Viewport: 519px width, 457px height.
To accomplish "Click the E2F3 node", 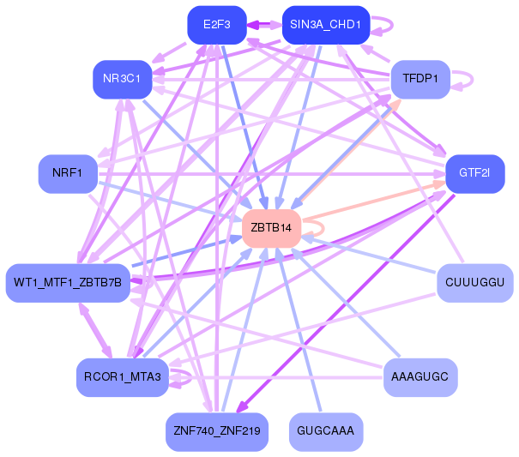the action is [x=217, y=25].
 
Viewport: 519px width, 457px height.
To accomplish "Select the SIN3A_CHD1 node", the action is [x=326, y=25].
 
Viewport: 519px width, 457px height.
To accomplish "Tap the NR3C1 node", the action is [x=123, y=80].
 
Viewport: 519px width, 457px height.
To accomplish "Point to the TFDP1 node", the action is [x=420, y=80].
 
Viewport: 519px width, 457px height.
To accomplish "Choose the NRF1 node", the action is [x=68, y=174].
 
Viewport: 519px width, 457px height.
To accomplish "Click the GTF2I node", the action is [x=475, y=174].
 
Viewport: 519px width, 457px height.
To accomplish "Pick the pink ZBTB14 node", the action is [x=271, y=228].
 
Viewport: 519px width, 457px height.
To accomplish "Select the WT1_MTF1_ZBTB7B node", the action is [x=68, y=283].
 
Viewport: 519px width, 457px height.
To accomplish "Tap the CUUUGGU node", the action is [x=475, y=283].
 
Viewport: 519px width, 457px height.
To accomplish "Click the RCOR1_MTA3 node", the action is [x=123, y=377].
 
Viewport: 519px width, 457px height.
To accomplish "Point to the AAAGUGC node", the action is [x=420, y=377].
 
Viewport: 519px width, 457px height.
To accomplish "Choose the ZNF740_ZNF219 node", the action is [x=217, y=432].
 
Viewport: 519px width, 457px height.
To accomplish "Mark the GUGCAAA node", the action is [x=326, y=432].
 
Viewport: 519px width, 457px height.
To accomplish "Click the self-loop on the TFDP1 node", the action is [x=473, y=80].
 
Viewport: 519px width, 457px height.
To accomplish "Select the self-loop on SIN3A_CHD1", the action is [x=393, y=25].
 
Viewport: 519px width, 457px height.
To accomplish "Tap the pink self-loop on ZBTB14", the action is [x=323, y=228].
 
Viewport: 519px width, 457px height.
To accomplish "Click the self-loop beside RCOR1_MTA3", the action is [x=191, y=377].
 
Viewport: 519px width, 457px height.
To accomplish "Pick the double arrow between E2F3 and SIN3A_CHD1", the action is [x=264, y=25].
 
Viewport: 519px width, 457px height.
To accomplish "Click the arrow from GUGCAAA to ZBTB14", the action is [x=299, y=330].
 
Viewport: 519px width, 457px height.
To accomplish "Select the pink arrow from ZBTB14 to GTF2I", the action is [x=374, y=201].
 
